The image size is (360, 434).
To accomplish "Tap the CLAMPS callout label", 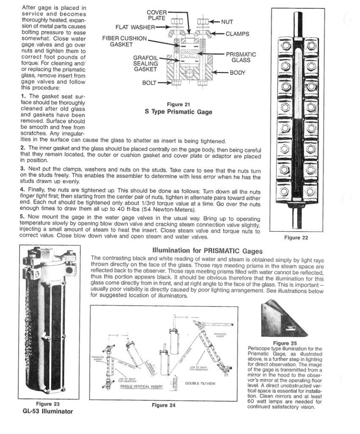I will click(x=237, y=34).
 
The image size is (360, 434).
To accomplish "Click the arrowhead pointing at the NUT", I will click(x=212, y=21).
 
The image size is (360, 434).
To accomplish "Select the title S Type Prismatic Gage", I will click(x=179, y=112).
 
